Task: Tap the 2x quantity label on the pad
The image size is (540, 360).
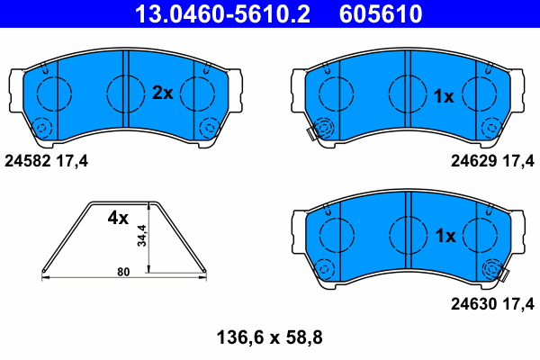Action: [162, 92]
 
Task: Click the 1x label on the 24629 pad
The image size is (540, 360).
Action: [445, 95]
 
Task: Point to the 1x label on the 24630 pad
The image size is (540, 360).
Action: [445, 236]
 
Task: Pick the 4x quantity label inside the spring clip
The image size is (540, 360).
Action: [119, 218]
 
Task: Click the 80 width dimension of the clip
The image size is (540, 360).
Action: [123, 271]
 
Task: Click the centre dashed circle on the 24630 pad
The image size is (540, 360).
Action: [407, 236]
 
